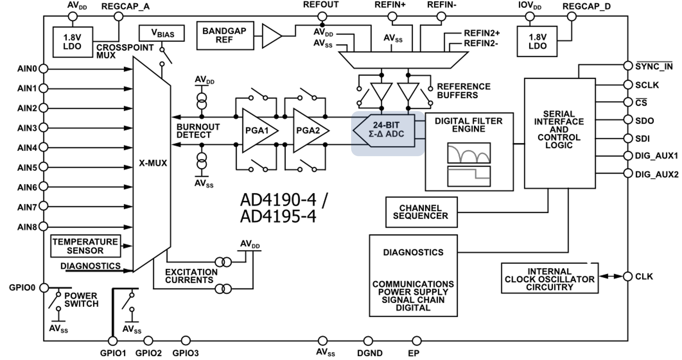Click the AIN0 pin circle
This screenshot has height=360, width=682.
(x=43, y=69)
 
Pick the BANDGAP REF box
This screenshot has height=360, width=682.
(x=225, y=36)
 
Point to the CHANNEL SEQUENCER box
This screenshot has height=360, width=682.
(x=421, y=212)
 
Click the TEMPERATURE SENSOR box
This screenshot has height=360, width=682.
(x=85, y=246)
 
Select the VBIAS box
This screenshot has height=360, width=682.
(x=161, y=33)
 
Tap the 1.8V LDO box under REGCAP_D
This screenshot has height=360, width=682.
(x=537, y=41)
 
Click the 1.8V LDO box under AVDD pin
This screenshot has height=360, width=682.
(x=73, y=42)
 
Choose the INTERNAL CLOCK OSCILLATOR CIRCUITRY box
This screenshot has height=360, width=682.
(x=549, y=279)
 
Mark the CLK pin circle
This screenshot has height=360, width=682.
(x=628, y=276)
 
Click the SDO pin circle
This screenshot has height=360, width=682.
(x=628, y=120)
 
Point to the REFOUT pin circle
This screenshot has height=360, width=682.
(x=322, y=16)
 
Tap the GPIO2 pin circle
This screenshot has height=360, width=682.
(x=148, y=341)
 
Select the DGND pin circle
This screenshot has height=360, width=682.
(x=368, y=341)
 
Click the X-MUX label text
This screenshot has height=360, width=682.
(x=153, y=163)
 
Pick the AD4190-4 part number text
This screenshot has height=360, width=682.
(x=278, y=200)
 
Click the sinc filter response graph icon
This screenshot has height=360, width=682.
(x=468, y=153)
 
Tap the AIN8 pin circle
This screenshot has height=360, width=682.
(x=43, y=226)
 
